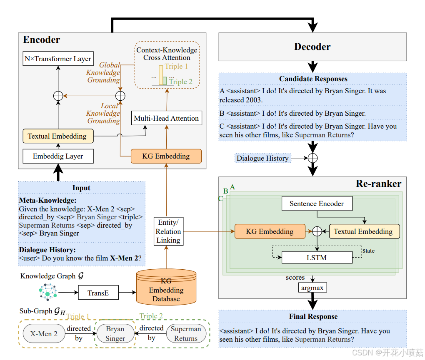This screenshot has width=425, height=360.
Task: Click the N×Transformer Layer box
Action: tap(58, 58)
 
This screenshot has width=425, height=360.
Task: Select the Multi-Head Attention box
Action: tap(166, 118)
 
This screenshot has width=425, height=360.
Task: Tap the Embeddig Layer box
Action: tap(58, 156)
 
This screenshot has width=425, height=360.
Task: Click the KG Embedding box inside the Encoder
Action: tap(166, 156)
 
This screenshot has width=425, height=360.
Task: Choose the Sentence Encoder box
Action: tap(317, 204)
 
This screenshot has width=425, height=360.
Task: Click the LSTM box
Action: tap(317, 258)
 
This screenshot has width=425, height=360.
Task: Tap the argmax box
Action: tap(312, 288)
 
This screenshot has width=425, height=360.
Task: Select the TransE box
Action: tap(98, 293)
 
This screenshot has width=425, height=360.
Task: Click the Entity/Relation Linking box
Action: tap(168, 231)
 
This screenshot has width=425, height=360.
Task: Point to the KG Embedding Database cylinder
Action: tap(166, 287)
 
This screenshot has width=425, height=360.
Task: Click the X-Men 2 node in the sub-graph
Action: tap(44, 333)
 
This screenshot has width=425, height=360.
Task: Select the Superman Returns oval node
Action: tap(186, 333)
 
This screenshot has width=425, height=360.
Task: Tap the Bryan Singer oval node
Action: tap(115, 333)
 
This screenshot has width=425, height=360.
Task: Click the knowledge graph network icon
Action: tap(47, 292)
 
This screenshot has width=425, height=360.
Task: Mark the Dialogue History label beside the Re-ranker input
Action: tap(262, 158)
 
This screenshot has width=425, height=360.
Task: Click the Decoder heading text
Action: tap(312, 47)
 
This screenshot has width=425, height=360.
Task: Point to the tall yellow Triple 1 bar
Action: tap(161, 75)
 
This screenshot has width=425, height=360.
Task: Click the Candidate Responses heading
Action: tap(313, 79)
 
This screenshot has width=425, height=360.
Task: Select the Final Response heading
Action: tap(313, 316)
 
